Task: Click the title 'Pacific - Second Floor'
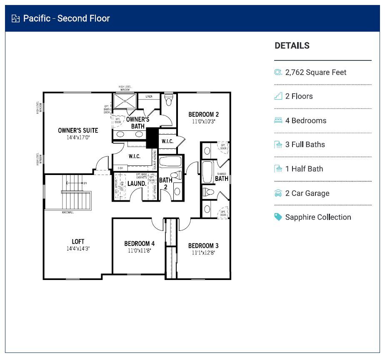pos(66,18)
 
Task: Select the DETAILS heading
pos(292,46)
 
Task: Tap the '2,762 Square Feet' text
pos(315,72)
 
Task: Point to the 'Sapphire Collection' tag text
pos(318,217)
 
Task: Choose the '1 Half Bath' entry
pos(304,169)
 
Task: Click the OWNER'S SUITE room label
pos(78,130)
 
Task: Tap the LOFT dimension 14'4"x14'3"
pos(78,248)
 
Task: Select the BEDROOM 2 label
pos(203,115)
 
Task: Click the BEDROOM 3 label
pos(203,246)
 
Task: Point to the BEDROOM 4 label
pos(140,244)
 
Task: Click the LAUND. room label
pos(136,183)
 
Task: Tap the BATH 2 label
pos(165,183)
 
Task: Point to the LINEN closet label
pos(149,97)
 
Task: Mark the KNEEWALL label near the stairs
pos(68,212)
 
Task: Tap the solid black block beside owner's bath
pos(152,137)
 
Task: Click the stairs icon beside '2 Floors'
pos(278,96)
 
